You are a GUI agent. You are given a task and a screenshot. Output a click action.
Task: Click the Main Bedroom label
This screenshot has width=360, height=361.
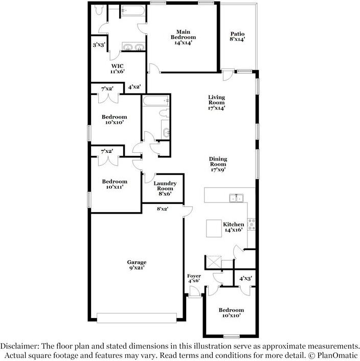183,37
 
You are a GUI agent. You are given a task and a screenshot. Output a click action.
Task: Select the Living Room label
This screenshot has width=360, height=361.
216,102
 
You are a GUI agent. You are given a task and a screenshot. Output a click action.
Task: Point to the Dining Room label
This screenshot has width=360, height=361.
218,164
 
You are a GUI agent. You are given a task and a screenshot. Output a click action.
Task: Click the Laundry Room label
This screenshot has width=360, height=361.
165,188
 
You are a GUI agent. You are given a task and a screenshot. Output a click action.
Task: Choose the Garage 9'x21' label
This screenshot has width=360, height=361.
137,266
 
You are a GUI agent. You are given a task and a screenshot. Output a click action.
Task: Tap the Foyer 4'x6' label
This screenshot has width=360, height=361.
194,279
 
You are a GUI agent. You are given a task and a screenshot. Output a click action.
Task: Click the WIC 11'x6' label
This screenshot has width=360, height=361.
118,69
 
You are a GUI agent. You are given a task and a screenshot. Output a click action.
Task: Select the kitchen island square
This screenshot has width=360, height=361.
214,229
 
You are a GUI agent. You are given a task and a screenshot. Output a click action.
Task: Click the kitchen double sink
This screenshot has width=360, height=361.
236,197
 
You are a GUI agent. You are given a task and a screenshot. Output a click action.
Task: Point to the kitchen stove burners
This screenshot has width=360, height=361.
251,223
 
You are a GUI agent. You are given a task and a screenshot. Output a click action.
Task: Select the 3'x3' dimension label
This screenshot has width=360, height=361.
99,45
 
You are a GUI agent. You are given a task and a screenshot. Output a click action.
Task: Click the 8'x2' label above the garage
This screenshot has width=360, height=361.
162,208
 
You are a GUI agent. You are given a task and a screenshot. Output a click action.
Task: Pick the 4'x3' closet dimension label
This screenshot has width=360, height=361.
246,279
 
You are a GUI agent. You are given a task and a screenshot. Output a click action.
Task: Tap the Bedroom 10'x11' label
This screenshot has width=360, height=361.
114,185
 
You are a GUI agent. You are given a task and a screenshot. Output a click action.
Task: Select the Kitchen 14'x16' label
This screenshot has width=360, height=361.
234,228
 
